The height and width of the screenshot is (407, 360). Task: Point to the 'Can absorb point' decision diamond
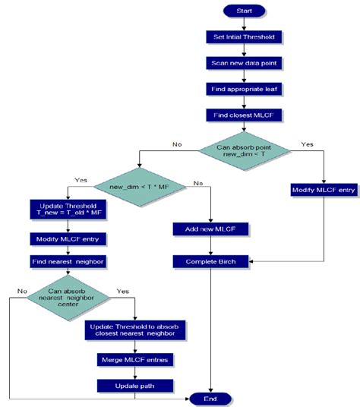pyautogui.click(x=242, y=150)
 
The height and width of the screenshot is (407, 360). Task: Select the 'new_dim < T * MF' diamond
pyautogui.click(x=137, y=187)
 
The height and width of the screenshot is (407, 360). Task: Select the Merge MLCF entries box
pyautogui.click(x=134, y=358)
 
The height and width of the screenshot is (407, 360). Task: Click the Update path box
pyautogui.click(x=134, y=384)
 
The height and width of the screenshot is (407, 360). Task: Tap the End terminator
pyautogui.click(x=211, y=398)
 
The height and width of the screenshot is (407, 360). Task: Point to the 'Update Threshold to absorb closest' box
pyautogui.click(x=134, y=330)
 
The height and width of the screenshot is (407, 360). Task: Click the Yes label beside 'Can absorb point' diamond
pyautogui.click(x=307, y=144)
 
